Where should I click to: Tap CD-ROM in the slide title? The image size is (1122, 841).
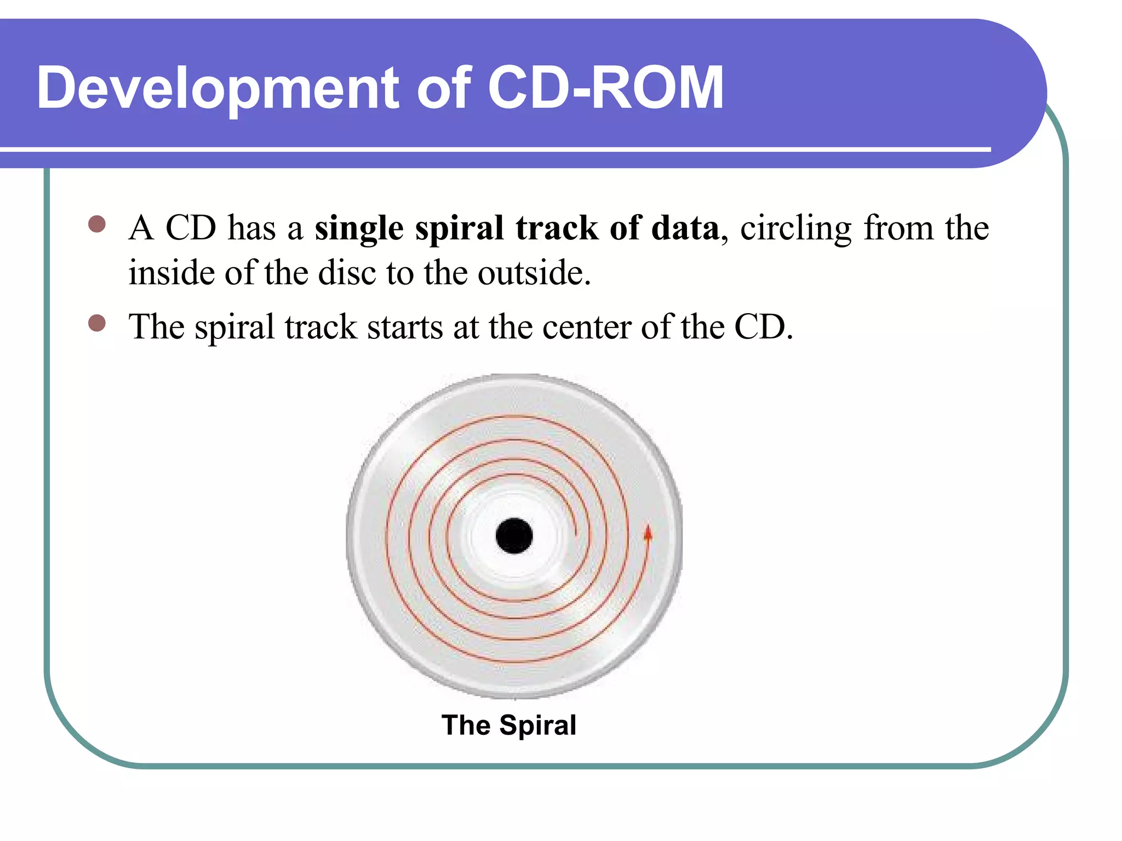click(605, 88)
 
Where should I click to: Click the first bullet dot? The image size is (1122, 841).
click(97, 224)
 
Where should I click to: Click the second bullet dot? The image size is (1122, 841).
click(97, 323)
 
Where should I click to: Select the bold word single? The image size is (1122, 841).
click(359, 229)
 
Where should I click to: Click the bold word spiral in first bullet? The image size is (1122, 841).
click(459, 229)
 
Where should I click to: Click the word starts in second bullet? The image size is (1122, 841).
click(405, 327)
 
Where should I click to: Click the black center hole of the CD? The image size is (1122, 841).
click(514, 535)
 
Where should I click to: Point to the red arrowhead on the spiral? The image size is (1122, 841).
click(648, 533)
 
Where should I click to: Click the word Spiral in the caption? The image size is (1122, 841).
click(537, 725)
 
